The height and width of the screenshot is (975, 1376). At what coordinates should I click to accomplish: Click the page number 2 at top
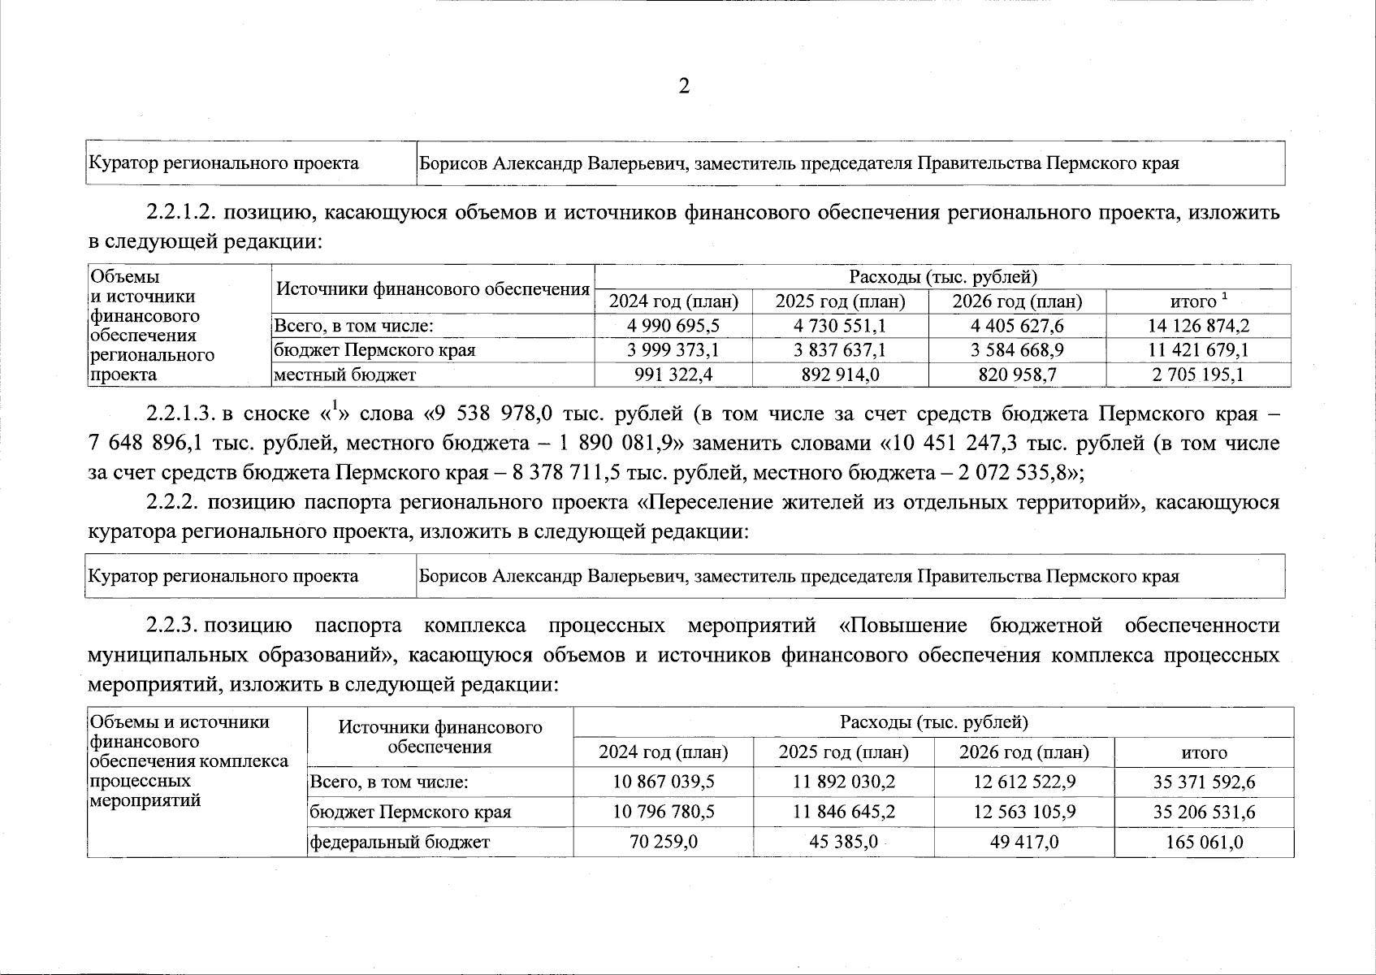pos(684,87)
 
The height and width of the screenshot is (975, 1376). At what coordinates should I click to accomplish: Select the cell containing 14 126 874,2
pos(1198,326)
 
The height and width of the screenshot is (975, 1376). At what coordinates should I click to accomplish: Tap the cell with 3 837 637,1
pos(840,350)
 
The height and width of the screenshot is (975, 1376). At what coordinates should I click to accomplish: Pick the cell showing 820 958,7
pos(1017,375)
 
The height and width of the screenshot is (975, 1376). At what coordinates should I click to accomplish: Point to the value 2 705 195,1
pos(1198,375)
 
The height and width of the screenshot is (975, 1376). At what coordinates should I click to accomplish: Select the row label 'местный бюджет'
pos(344,375)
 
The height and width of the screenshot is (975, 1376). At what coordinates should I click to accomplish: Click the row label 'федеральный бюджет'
pos(399,843)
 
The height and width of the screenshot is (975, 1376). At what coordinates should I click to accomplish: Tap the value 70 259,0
pos(663,843)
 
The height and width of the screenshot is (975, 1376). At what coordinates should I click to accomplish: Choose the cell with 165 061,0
pos(1204,843)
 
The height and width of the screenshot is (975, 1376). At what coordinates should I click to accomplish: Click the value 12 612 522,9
pos(1023,782)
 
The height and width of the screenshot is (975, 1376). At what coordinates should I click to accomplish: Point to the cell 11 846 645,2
pos(843,812)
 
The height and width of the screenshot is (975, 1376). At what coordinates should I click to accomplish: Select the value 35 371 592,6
pos(1204,782)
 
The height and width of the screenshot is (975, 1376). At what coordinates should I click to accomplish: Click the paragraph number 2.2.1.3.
pos(180,414)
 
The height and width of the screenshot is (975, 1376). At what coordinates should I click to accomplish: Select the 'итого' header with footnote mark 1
pos(1198,301)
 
